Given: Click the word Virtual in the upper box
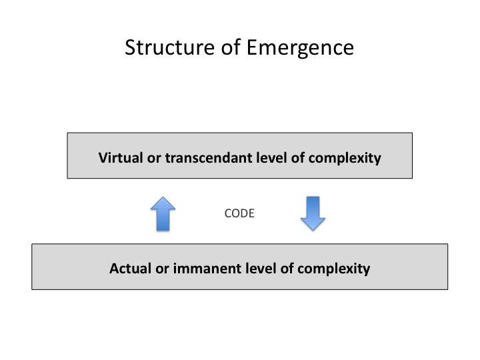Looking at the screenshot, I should pyautogui.click(x=118, y=158).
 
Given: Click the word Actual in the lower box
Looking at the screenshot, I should pyautogui.click(x=129, y=269).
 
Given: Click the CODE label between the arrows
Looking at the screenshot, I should pyautogui.click(x=240, y=214).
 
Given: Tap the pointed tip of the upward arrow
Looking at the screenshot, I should pyautogui.click(x=161, y=197).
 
